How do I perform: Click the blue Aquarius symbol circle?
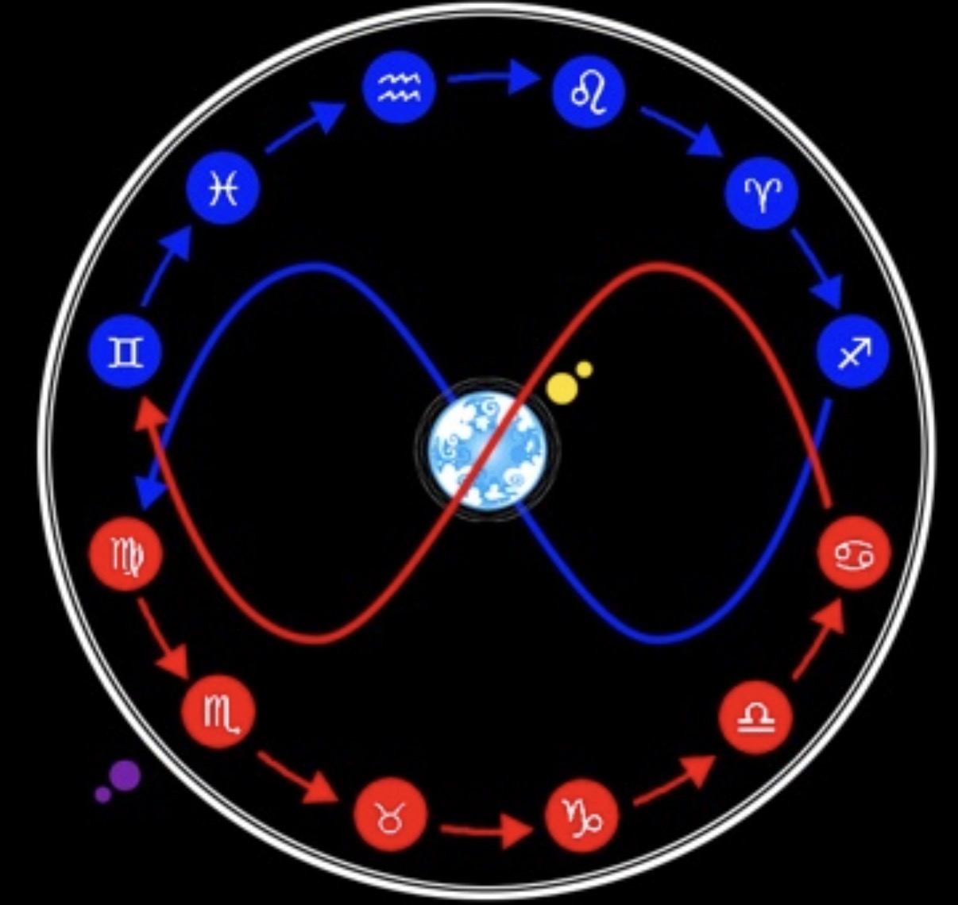click(x=398, y=88)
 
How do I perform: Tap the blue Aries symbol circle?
click(x=762, y=193)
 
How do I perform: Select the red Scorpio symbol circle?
click(x=219, y=712)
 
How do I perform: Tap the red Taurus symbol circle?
click(x=390, y=815)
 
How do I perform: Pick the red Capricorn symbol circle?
click(x=581, y=815)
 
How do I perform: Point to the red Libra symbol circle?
click(x=755, y=717)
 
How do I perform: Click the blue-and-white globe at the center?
click(x=487, y=450)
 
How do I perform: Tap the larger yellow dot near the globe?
click(x=562, y=387)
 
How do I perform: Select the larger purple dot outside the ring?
click(x=125, y=775)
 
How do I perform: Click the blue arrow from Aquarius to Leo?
click(x=493, y=78)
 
